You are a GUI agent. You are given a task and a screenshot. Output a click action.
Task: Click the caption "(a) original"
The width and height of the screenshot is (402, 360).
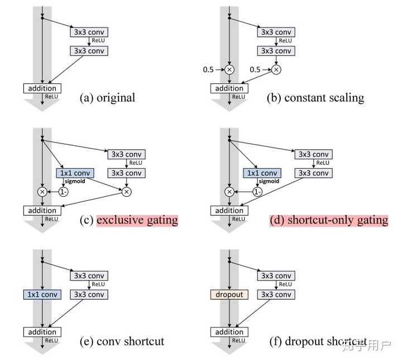pos(108,98)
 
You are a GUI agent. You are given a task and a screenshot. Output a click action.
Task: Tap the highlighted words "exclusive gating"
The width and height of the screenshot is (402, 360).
pos(137,220)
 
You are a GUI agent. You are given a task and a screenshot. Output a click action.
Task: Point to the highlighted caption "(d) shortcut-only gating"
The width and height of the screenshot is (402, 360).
pos(329,220)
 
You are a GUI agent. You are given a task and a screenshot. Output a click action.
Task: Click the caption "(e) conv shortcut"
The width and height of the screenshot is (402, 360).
pos(122,340)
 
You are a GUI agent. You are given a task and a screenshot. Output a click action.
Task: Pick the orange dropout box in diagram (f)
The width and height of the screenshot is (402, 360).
pos(229,295)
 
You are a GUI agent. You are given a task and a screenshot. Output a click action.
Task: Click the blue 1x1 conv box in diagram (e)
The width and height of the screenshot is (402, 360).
pos(42,295)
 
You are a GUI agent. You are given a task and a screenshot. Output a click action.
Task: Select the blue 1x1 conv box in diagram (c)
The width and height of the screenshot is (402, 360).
pos(74,173)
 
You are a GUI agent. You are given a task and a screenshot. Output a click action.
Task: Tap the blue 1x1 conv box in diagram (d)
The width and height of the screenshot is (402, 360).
pos(262,173)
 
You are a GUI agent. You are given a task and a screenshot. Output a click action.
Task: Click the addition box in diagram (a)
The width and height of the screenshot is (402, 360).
pos(42,88)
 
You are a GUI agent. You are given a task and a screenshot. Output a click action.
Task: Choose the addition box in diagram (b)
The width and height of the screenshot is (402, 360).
pos(229,88)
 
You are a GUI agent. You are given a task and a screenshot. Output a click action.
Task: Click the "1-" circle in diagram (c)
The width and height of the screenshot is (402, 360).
pos(63,192)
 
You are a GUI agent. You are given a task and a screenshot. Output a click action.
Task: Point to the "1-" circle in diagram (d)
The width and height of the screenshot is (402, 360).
pos(257,192)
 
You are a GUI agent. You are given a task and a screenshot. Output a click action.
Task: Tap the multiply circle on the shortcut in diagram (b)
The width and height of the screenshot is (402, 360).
pos(229,70)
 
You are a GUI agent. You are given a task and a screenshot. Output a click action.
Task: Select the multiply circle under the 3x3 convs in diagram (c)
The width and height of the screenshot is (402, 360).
pos(126,192)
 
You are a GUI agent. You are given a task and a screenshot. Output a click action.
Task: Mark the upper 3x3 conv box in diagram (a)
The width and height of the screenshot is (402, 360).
pos(89,32)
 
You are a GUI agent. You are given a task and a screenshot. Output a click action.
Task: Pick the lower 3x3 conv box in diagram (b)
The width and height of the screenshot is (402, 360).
pos(276,51)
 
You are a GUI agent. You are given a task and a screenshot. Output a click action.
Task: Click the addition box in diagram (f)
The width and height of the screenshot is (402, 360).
pos(229,332)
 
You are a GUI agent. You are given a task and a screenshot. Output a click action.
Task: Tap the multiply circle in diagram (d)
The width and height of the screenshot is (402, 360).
pos(229,192)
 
